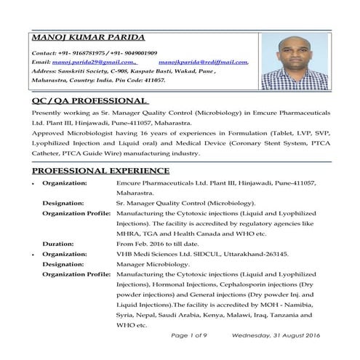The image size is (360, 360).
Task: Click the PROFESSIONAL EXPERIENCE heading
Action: tap(101, 171)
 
